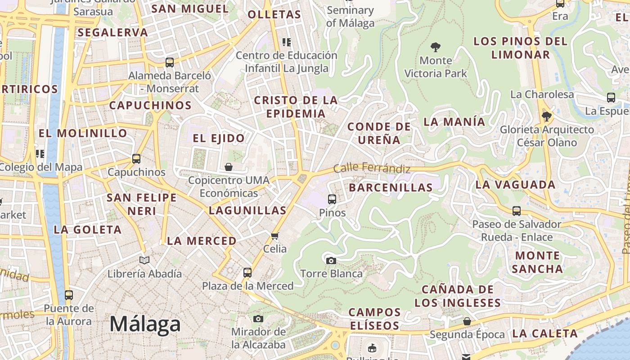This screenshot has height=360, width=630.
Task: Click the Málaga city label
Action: point(145,324)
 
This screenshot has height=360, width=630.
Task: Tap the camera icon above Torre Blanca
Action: point(331,261)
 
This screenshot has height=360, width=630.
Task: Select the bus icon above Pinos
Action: point(332,199)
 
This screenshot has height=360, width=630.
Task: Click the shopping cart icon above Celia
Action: point(275,236)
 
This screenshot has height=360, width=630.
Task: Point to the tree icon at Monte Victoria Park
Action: point(435,46)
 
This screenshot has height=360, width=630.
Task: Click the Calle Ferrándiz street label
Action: point(372,169)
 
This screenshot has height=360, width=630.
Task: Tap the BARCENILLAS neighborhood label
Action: point(391,188)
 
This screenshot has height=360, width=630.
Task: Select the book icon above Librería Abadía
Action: point(144,261)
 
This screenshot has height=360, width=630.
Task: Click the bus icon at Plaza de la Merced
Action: point(247,273)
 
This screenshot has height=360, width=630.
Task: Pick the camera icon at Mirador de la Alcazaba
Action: point(258,319)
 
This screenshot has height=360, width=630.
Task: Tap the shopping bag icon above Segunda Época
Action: point(467,321)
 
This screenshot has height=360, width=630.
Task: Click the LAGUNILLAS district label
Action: point(247,210)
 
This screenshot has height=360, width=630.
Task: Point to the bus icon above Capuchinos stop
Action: point(136,159)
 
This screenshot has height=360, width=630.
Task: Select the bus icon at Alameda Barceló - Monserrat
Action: point(170,63)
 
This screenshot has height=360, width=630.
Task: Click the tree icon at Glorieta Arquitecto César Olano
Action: point(547,117)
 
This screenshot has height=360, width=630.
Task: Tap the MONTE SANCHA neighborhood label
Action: point(537,262)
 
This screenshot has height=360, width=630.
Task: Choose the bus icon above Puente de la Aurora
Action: point(69,295)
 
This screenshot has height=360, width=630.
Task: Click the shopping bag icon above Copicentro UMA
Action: point(229,167)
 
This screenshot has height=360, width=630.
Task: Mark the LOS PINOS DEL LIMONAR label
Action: point(521,48)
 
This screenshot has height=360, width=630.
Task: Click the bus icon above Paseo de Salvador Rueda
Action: point(517,211)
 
